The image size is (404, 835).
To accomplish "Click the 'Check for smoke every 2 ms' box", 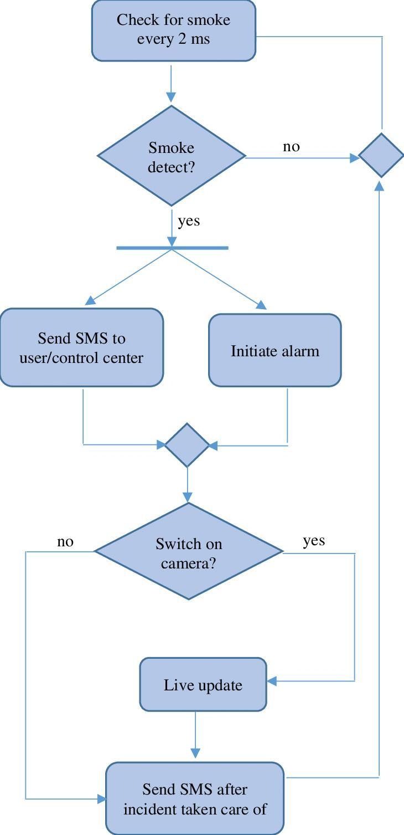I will pos(173,30).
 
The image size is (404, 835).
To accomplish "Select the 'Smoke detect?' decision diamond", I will pos(172,156).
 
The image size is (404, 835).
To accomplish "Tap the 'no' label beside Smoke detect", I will pos(291,147).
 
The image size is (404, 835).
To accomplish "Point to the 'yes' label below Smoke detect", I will pos(189,221).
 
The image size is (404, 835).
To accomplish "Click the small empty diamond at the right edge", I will pos(381,155).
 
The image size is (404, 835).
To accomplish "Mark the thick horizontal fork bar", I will pos(172,248).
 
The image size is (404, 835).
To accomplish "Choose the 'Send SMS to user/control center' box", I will pos(81,347).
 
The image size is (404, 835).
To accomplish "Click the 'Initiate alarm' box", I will pos(274,350).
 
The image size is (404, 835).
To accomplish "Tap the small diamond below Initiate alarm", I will pos(187,445).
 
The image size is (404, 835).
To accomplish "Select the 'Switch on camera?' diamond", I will pos(189,551).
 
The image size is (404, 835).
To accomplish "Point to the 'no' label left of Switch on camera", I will pos(65,541).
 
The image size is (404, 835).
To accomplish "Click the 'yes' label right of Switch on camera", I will pos(314,541).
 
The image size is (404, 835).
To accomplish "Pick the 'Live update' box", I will pos(203,685).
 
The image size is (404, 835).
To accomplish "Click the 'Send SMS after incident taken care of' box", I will pos(195,798).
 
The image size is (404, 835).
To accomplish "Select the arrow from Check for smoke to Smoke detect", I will pos(171,83).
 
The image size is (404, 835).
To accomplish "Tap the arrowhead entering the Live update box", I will pos(272,681).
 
